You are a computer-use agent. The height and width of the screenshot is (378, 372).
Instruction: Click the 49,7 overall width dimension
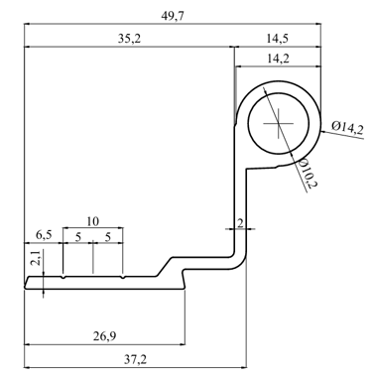[173, 16]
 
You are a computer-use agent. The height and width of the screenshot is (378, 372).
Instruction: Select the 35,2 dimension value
[129, 39]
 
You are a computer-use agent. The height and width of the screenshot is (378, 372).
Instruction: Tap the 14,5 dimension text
[278, 39]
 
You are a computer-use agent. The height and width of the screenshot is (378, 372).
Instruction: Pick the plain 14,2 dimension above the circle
[278, 59]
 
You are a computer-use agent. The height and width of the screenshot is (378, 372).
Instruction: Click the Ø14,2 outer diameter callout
[348, 127]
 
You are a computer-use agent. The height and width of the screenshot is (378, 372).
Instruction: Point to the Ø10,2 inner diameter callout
[307, 174]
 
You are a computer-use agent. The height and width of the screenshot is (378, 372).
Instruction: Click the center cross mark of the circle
[278, 124]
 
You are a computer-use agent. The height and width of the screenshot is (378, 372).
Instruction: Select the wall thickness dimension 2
[240, 223]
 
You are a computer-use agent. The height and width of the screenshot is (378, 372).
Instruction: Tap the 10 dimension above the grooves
[92, 221]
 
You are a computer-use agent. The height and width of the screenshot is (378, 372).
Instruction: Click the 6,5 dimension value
[44, 235]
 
